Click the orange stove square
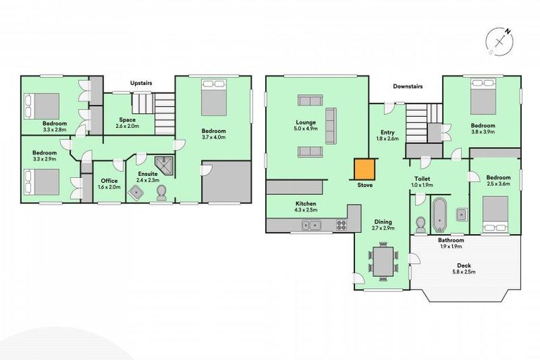click(x=364, y=169)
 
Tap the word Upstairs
click(x=141, y=83)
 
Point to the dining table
click(x=383, y=260)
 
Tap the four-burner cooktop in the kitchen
click(x=342, y=225)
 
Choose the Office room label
click(x=108, y=181)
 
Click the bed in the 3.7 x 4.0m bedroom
click(x=213, y=98)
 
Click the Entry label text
click(x=387, y=132)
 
